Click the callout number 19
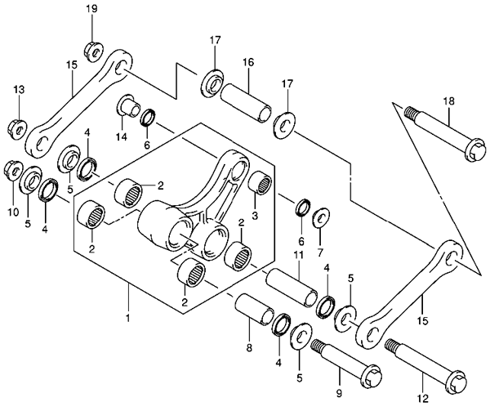91,8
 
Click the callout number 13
18,88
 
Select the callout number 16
247,62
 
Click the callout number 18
448,101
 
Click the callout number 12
422,400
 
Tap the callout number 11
298,256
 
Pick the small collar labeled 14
127,107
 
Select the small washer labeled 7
320,216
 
